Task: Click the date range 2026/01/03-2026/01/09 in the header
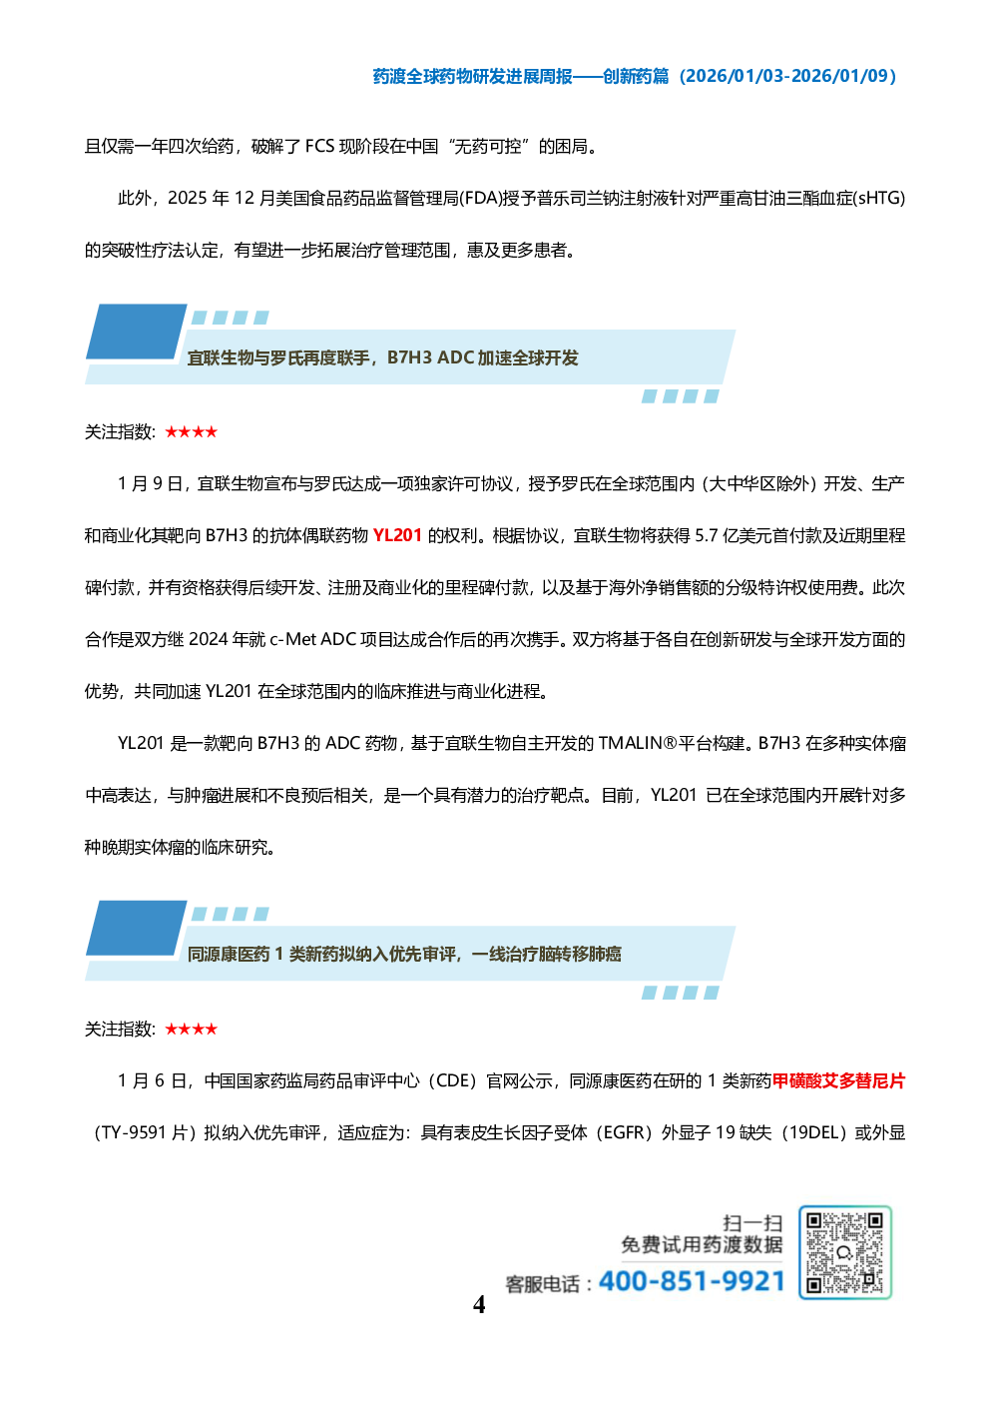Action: (x=787, y=77)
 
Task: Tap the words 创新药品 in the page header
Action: (x=635, y=77)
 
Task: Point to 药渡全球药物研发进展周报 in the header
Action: (x=472, y=77)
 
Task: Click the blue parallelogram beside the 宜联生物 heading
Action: (x=137, y=332)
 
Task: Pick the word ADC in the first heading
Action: (x=455, y=357)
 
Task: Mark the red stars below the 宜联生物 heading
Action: (x=191, y=432)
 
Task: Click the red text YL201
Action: (x=397, y=535)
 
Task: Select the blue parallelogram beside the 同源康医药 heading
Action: (x=137, y=928)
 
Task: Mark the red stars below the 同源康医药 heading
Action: (x=191, y=1030)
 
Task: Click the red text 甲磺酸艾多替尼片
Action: (x=838, y=1081)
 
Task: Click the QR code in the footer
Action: (x=844, y=1252)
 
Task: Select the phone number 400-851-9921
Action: (x=692, y=1281)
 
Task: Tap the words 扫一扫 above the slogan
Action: (x=752, y=1223)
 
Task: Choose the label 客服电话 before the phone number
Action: (x=542, y=1284)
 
